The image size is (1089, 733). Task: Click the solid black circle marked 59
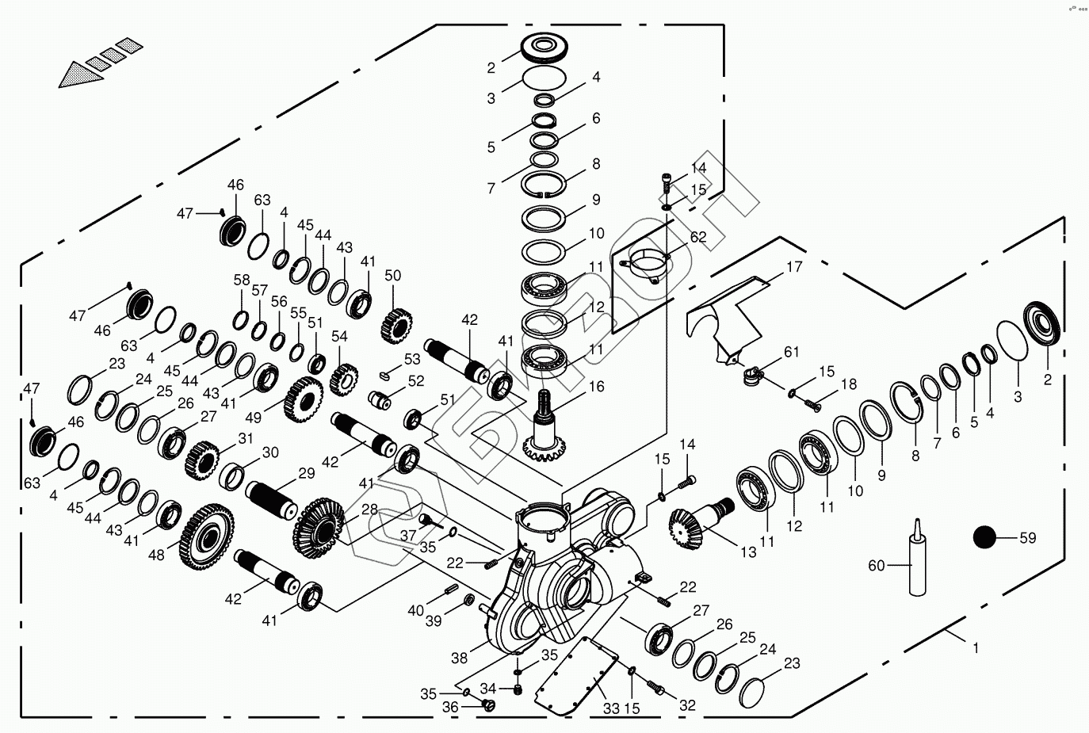click(x=984, y=537)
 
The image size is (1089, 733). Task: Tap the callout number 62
click(x=698, y=237)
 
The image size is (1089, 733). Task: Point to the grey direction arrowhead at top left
click(x=81, y=74)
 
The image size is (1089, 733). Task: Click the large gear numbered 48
click(x=207, y=536)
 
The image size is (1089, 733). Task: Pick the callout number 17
click(x=794, y=267)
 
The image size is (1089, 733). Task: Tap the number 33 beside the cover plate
click(x=612, y=708)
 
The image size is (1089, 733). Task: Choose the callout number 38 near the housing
click(x=460, y=659)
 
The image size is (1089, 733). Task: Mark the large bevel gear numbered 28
click(x=319, y=528)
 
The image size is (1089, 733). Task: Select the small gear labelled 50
click(x=397, y=326)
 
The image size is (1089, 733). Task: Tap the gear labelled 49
click(x=304, y=399)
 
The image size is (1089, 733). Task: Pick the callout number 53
click(x=412, y=359)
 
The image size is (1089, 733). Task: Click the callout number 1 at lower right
click(x=975, y=648)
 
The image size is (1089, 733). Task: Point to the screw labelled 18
click(x=812, y=404)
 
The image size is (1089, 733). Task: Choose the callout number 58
click(x=242, y=280)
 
